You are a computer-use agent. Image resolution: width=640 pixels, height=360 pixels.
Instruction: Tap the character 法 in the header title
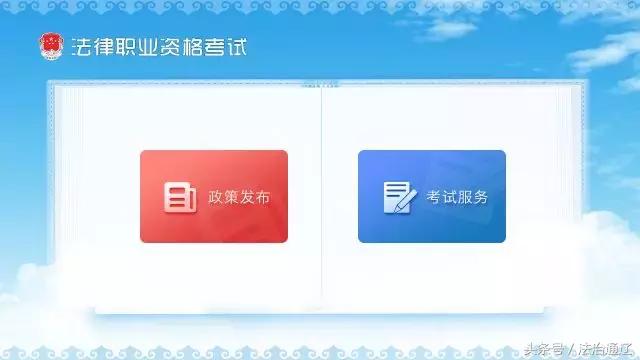81,47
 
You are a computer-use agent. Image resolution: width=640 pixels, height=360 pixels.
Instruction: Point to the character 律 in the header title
104,47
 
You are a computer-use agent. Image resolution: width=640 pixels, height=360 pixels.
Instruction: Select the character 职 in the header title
128,47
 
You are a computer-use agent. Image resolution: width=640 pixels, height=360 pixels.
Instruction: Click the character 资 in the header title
175,47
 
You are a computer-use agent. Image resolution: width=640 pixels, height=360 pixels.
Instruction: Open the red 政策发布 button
213,196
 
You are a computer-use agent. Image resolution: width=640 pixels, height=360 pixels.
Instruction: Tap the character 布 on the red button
262,197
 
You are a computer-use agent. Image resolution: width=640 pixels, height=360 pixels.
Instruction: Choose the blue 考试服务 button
431,196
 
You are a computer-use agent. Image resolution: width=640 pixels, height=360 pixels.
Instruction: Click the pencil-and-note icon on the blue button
398,197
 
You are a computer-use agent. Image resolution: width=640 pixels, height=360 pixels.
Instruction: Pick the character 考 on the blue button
433,197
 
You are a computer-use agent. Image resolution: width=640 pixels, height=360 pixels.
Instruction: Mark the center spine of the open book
321,190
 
